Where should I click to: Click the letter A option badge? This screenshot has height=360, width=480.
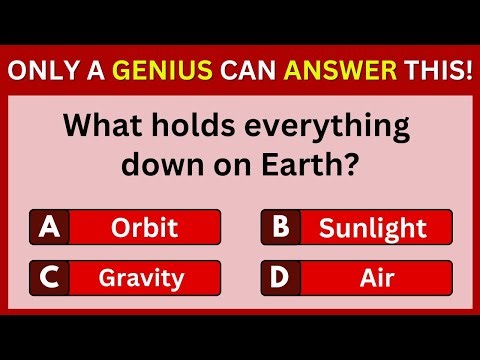click(x=47, y=228)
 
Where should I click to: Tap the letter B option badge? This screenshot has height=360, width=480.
click(x=279, y=228)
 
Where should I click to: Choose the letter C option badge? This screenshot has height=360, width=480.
click(x=47, y=276)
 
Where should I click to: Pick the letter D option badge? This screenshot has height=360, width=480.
click(x=279, y=276)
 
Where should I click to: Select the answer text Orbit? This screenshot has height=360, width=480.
click(x=145, y=228)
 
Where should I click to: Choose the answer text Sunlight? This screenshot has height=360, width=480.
click(x=371, y=228)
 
